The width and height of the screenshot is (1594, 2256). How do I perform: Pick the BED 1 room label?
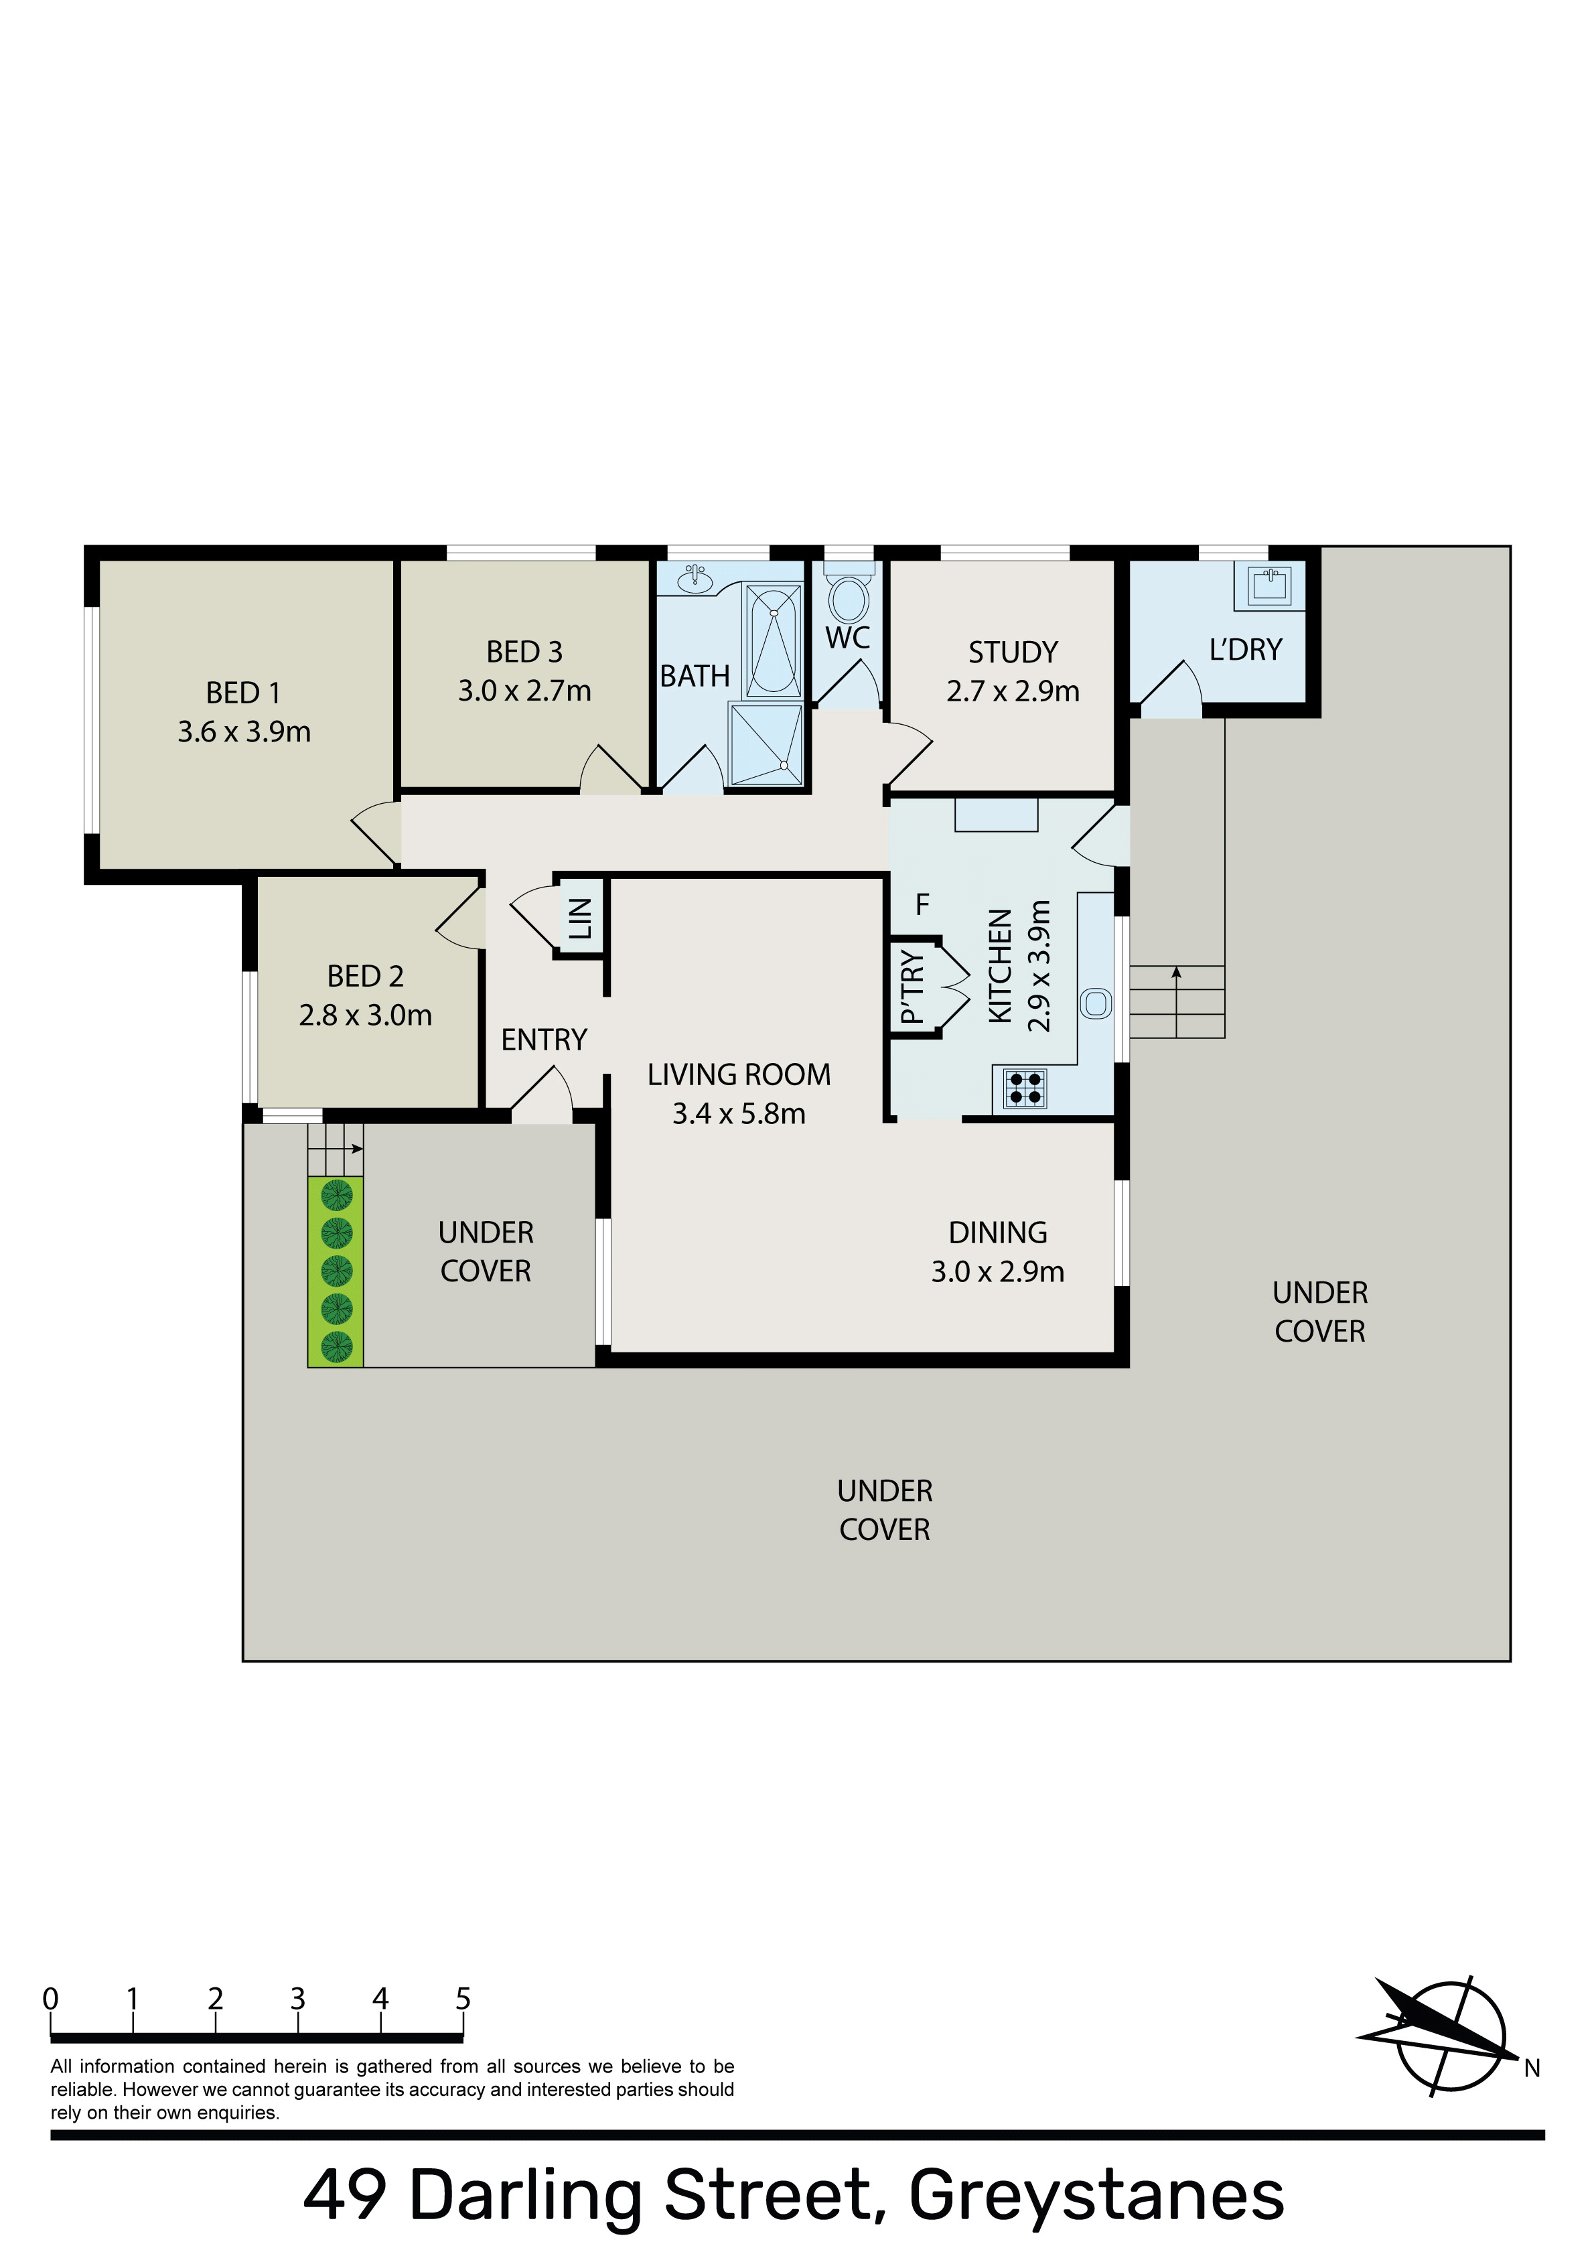coord(244,693)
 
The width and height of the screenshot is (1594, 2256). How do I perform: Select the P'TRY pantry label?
coord(913,987)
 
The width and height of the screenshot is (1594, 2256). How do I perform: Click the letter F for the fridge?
coord(922,904)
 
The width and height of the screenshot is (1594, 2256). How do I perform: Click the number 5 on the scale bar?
coord(463,1999)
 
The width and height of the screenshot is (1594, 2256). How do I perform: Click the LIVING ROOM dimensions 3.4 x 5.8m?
coord(739,1113)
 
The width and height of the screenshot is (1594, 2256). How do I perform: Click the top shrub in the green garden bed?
coord(336,1196)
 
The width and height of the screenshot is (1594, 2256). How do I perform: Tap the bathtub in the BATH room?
coord(774,640)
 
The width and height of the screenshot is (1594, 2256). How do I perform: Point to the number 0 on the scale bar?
coord(50,1999)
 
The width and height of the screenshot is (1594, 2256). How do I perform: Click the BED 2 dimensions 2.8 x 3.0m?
coord(366,1015)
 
